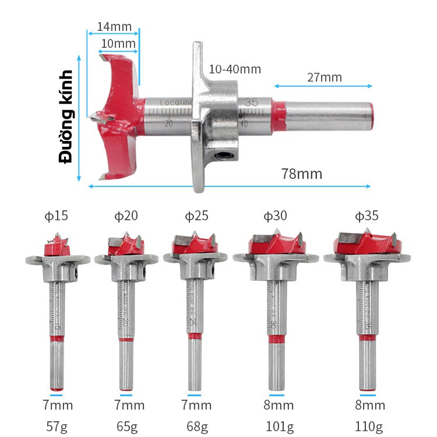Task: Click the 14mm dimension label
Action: [114, 27]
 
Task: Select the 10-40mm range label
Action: [234, 69]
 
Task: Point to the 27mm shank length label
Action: [324, 77]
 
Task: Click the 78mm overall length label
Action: [301, 174]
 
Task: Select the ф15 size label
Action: [57, 216]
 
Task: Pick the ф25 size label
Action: [196, 216]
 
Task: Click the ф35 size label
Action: [366, 216]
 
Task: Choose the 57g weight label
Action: [57, 427]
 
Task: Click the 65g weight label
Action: [126, 427]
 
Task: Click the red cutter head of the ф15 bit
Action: [57, 249]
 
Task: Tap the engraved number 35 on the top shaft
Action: [251, 102]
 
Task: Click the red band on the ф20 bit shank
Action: [126, 339]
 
